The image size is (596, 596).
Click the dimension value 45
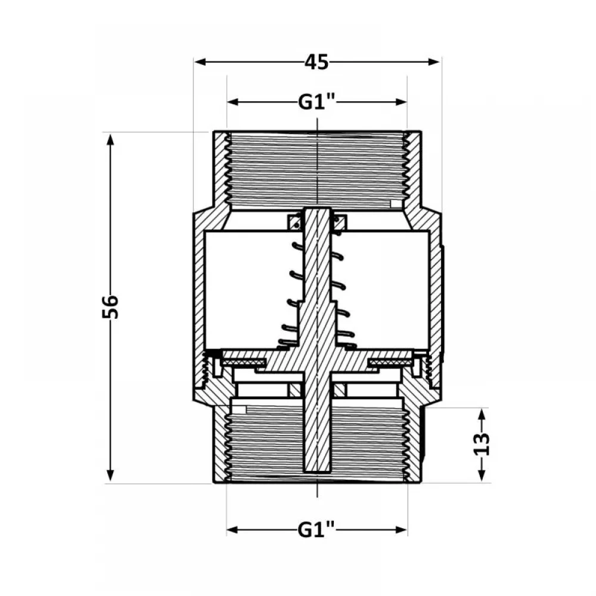(x=316, y=62)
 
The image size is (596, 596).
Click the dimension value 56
(x=111, y=306)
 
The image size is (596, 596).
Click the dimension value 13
(x=482, y=443)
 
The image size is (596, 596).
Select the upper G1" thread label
(x=316, y=102)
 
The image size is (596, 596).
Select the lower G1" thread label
(x=316, y=530)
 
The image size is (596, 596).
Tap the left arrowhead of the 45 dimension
(x=200, y=62)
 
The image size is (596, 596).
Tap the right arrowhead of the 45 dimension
(x=434, y=62)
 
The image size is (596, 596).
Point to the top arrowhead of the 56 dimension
(x=110, y=140)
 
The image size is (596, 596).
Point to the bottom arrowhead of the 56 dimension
(x=110, y=476)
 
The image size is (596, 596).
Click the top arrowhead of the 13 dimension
(x=482, y=415)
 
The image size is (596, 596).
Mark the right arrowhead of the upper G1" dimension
(x=401, y=102)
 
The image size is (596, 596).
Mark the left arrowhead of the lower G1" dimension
(x=233, y=530)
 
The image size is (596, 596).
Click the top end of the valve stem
(x=317, y=208)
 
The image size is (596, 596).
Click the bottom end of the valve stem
(x=317, y=472)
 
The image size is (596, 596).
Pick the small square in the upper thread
(x=396, y=204)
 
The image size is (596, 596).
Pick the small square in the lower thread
(x=240, y=410)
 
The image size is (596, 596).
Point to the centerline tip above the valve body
(x=318, y=119)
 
